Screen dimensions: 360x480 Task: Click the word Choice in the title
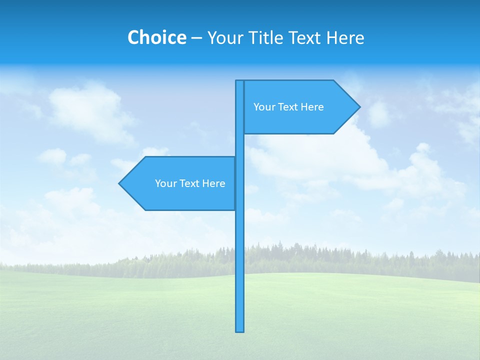pos(156,37)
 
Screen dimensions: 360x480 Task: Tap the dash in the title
pos(196,38)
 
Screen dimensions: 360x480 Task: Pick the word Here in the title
pos(345,38)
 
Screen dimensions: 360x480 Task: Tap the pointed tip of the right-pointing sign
pos(359,106)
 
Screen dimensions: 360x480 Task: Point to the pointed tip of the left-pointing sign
pos(120,183)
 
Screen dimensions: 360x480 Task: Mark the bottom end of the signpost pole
pos(240,330)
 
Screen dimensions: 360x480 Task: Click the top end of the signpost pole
pos(240,82)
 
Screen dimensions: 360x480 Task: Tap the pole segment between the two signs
pos(240,145)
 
